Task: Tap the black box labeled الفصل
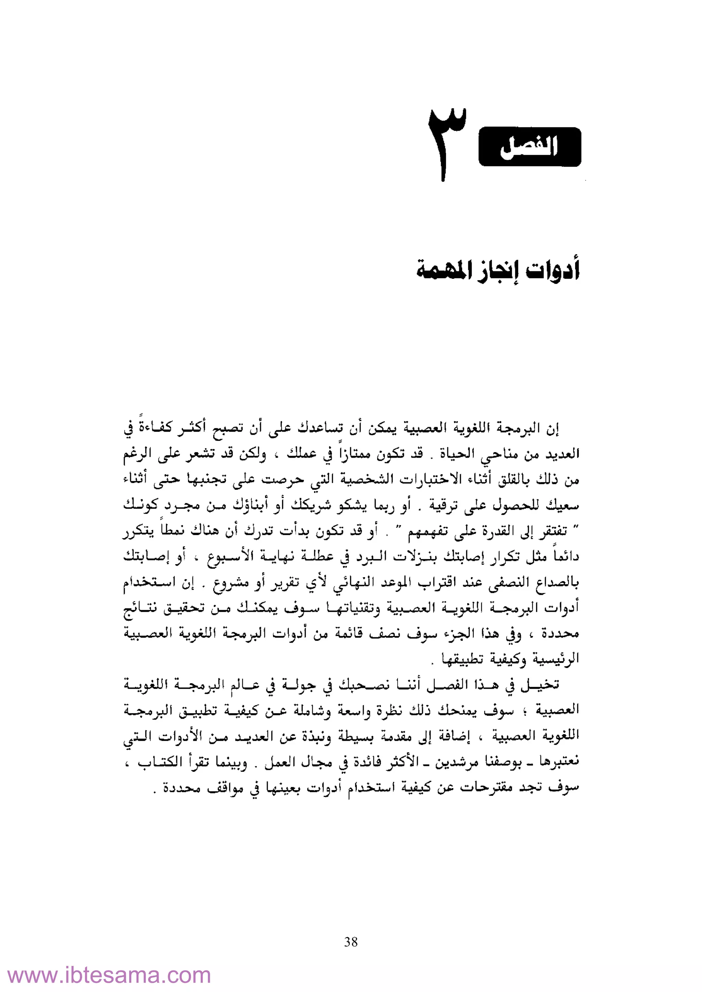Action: pos(530,147)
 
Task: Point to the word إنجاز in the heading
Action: pos(497,270)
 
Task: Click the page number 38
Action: pos(351,941)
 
